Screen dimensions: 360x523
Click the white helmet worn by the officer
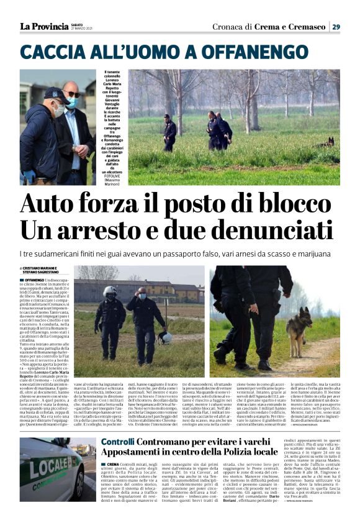click(x=110, y=291)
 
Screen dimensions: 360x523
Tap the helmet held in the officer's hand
click(x=165, y=337)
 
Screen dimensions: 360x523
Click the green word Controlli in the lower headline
click(x=118, y=442)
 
